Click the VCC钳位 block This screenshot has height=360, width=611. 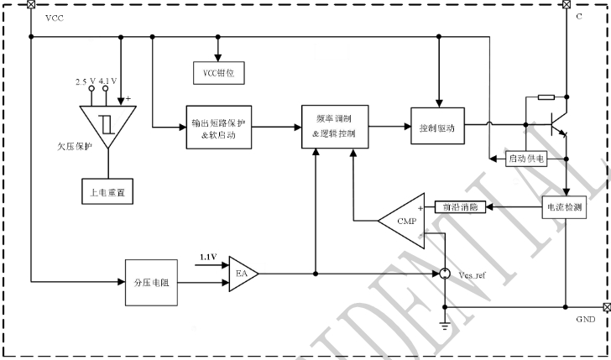pyautogui.click(x=217, y=73)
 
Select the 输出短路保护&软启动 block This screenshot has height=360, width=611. pyautogui.click(x=217, y=127)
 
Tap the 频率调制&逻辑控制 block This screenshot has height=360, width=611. pyautogui.click(x=333, y=127)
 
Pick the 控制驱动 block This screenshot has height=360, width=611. pyautogui.click(x=436, y=127)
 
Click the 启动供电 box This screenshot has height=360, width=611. pyautogui.click(x=525, y=158)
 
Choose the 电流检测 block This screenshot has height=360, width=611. pyautogui.click(x=564, y=206)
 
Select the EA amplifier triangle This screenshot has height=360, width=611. pyautogui.click(x=243, y=273)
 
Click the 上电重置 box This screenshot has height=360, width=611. pyautogui.click(x=106, y=191)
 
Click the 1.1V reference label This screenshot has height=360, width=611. pyautogui.click(x=208, y=256)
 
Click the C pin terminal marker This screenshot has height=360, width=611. pyautogui.click(x=567, y=4)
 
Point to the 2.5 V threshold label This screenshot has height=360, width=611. pyautogui.click(x=85, y=81)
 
